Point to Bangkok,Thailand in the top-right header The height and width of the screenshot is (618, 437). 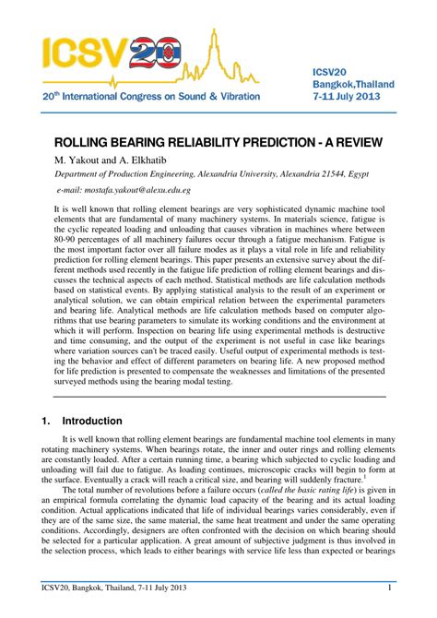tap(354, 84)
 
